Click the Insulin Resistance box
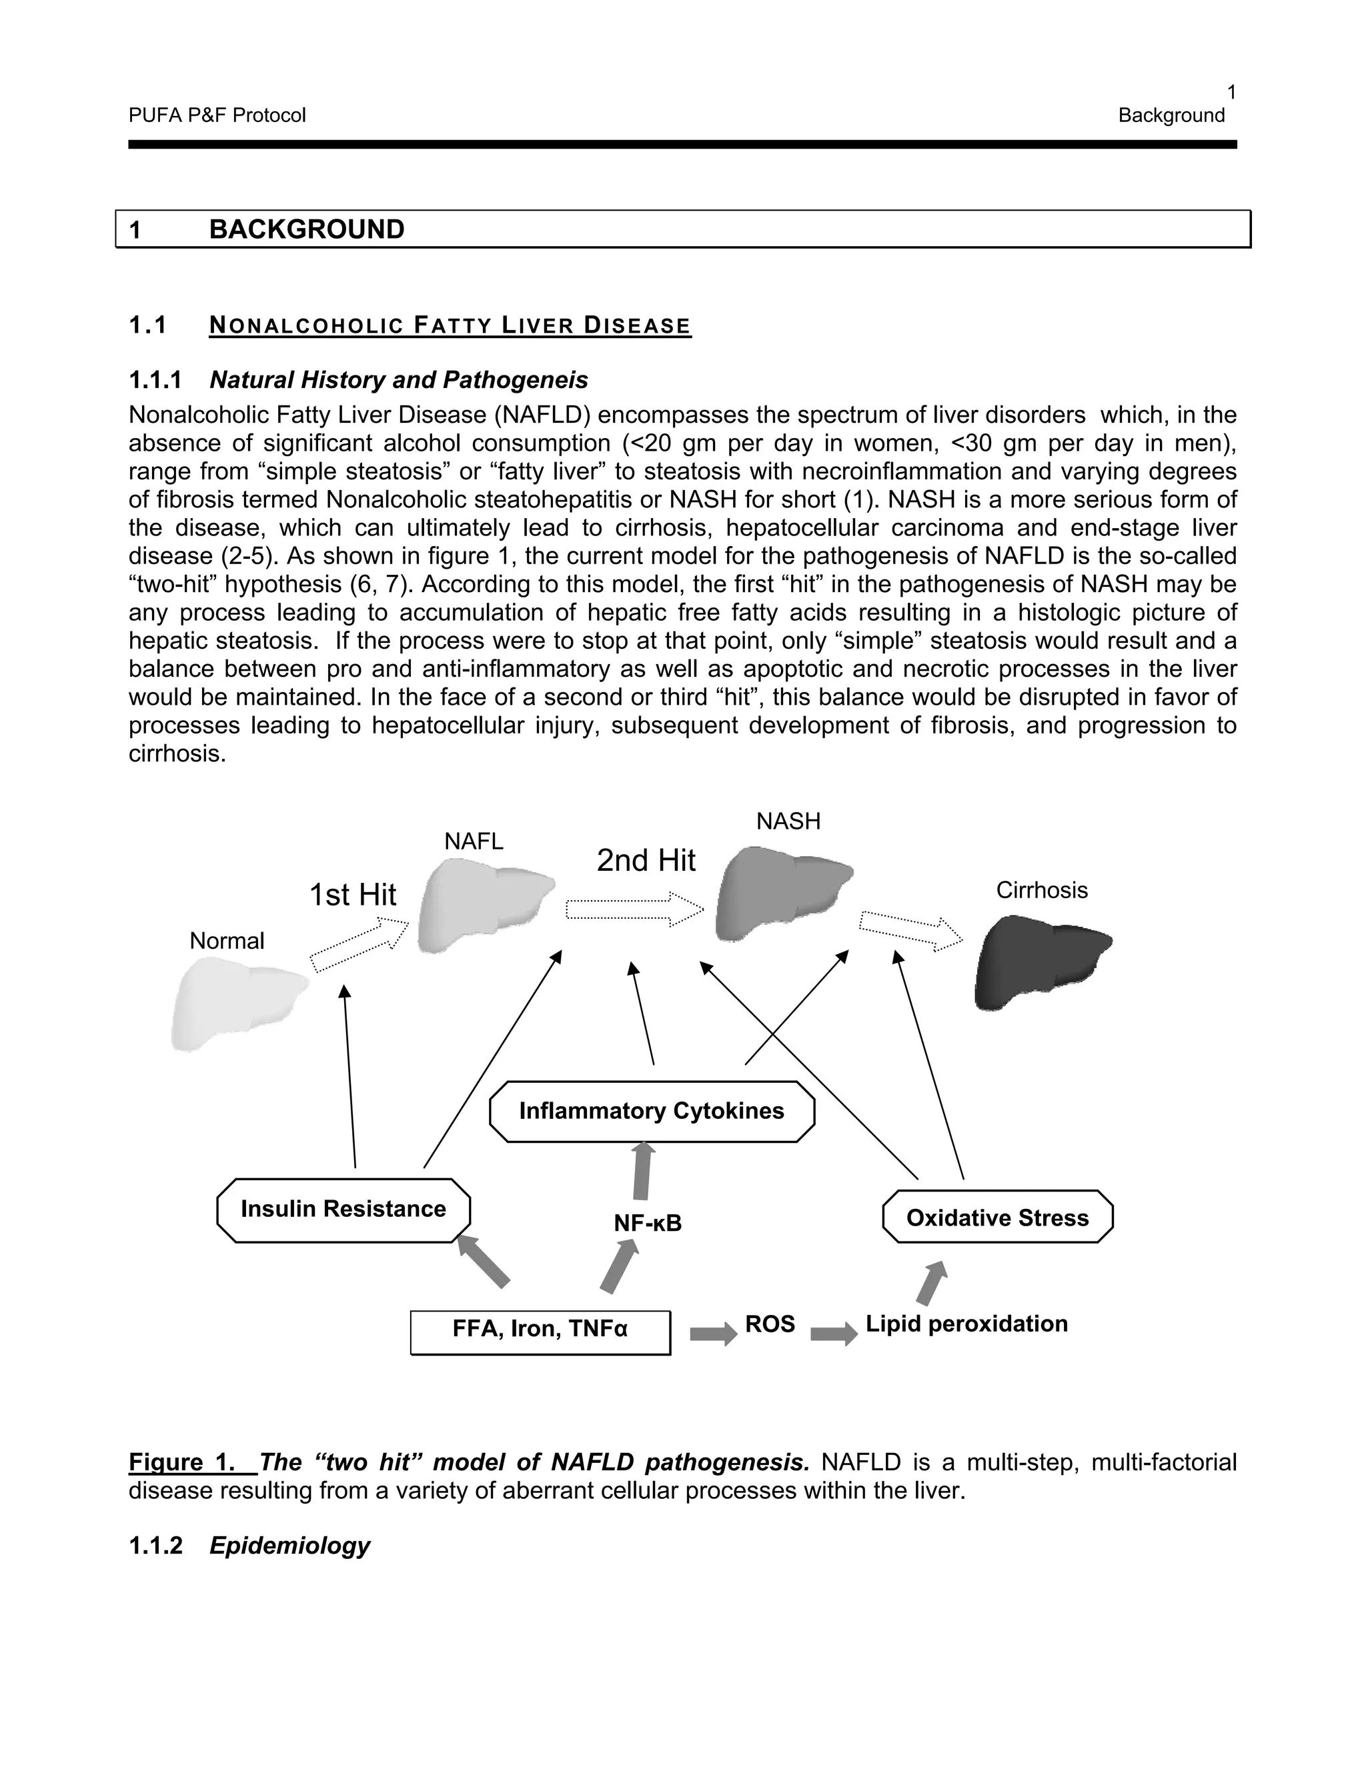343,1210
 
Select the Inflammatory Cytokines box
652,1111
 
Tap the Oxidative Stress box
997,1218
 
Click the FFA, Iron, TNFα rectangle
540,1332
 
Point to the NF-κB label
648,1224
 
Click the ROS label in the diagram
770,1324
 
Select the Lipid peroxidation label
966,1324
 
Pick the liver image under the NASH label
783,892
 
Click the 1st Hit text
353,895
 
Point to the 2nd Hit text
646,860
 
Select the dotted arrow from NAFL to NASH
634,910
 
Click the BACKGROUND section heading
307,230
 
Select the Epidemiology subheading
289,1546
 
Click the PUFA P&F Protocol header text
217,116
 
